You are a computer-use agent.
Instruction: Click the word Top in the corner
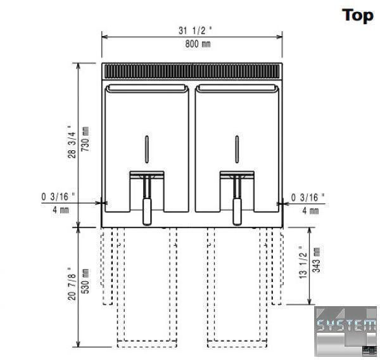[357, 16]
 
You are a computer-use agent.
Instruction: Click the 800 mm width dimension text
[198, 44]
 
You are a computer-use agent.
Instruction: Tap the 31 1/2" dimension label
[195, 30]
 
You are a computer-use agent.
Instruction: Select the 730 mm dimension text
[85, 139]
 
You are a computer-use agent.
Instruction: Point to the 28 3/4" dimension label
[72, 142]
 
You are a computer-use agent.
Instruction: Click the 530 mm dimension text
[85, 281]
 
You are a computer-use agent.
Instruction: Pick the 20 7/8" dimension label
[72, 283]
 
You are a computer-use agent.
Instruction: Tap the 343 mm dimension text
[316, 260]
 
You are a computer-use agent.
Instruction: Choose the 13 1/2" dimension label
[303, 262]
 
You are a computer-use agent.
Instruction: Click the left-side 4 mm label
[61, 210]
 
